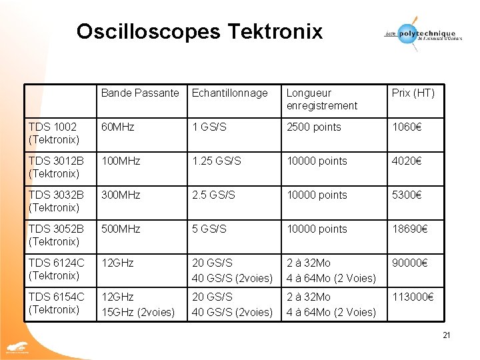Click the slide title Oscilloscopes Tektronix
point(199,31)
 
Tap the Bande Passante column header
point(140,93)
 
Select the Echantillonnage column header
point(229,93)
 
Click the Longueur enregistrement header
point(322,99)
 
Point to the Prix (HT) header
point(413,93)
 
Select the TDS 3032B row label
point(57,201)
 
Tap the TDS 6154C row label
point(57,303)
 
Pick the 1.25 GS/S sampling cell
point(216,161)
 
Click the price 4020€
point(408,161)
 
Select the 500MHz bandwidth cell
point(121,229)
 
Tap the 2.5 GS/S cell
point(213,195)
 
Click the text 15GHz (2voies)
point(138,312)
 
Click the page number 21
point(447,335)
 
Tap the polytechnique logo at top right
point(421,33)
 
